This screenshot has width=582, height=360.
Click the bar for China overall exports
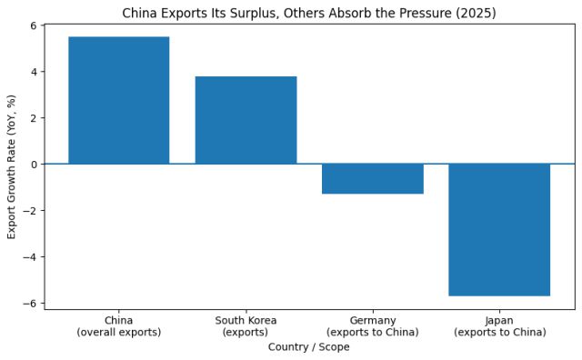pos(118,100)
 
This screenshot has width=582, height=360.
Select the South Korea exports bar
pos(246,120)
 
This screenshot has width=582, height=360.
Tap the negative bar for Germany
pos(373,179)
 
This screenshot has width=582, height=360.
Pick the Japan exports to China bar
pos(499,230)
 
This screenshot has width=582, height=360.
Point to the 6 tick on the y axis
pos(33,25)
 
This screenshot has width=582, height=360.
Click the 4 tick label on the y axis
pos(33,72)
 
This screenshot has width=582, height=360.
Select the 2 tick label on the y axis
pos(33,118)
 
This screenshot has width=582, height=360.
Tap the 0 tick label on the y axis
pos(33,165)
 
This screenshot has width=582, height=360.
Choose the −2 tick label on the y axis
pos(30,211)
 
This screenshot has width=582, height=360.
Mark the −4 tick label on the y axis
pos(30,257)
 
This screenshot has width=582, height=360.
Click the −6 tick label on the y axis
pos(30,304)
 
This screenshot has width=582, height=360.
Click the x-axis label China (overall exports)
pos(118,326)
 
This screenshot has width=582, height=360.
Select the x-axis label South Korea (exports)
pos(246,326)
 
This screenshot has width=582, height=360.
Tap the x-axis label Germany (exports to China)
pos(373,326)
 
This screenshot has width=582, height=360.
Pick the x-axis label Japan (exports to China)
pos(499,326)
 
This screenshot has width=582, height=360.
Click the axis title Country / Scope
pos(309,347)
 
